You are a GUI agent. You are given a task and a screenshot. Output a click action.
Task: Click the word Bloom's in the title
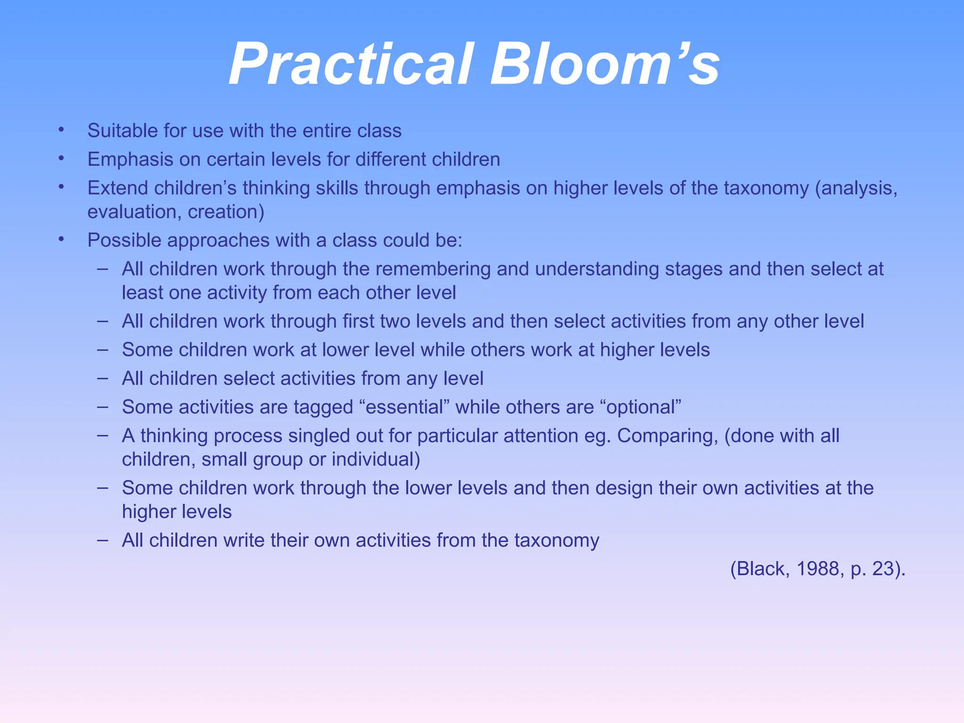point(605,64)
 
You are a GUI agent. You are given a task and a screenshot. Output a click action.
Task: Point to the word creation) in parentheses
point(226,212)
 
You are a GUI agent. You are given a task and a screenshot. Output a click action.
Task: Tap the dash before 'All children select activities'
point(103,378)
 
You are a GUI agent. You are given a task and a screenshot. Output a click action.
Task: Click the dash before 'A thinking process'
point(103,435)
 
